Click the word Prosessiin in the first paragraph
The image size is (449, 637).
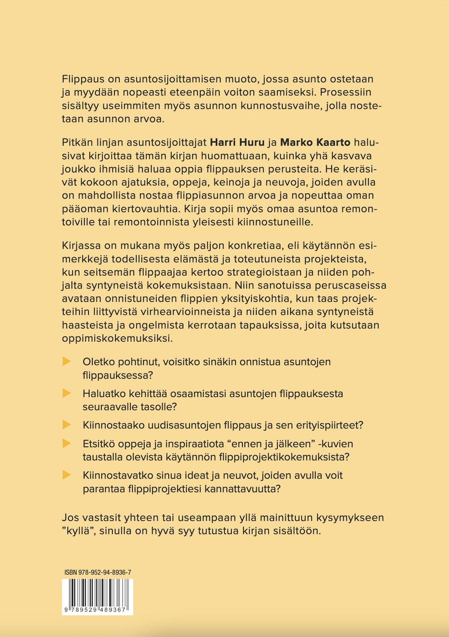[x=346, y=92]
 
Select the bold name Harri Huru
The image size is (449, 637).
[x=237, y=142]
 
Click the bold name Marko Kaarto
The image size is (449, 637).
[x=315, y=142]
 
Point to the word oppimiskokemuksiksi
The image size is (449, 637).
[x=117, y=338]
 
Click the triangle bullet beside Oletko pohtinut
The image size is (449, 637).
[x=67, y=361]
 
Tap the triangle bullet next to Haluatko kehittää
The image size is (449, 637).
[x=67, y=393]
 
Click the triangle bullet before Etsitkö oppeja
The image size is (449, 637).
[x=67, y=443]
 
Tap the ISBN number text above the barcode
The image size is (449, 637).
[x=98, y=572]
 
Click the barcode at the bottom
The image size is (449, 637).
[x=97, y=596]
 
